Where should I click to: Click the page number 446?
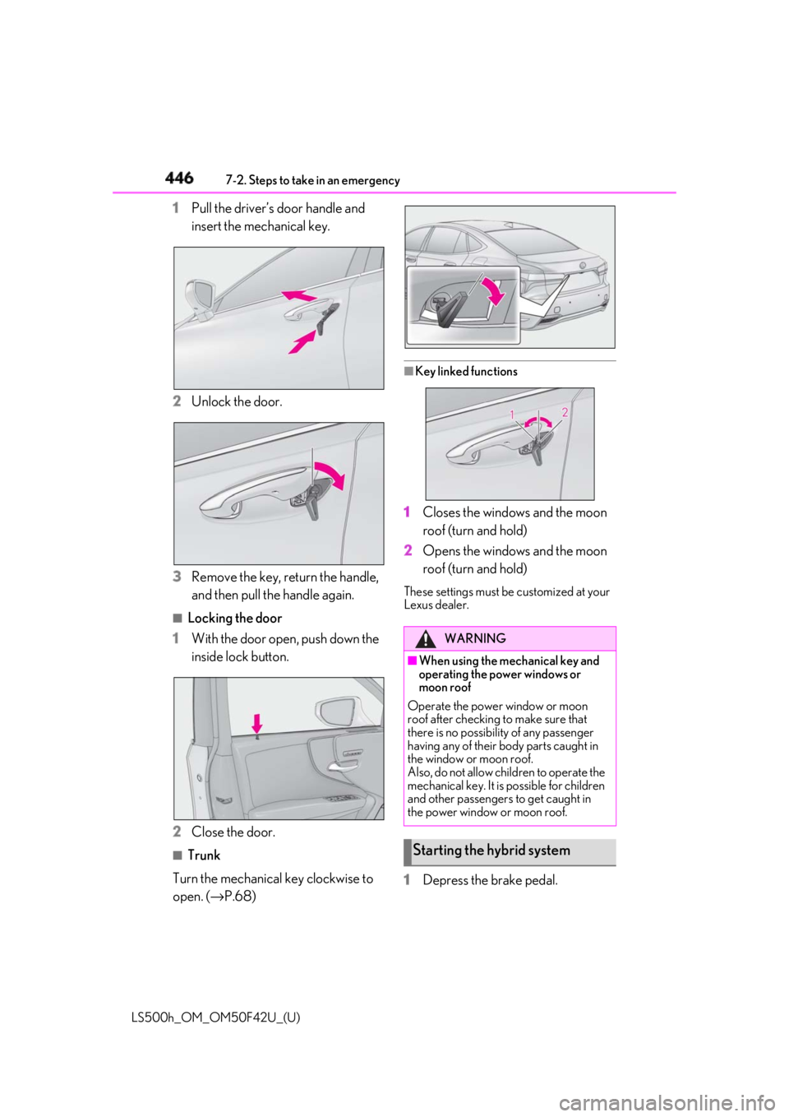coord(179,178)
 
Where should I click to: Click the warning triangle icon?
coord(426,638)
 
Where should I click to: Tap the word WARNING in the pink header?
coord(475,638)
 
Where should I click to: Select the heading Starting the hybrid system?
coord(491,850)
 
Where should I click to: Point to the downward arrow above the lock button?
coord(256,723)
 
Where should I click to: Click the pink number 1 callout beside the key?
coord(511,415)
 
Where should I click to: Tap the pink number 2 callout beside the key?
coord(565,412)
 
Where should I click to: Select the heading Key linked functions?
coord(466,372)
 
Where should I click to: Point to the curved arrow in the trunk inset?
coord(495,290)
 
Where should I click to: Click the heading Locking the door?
coord(234,619)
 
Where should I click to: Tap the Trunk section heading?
coord(204,855)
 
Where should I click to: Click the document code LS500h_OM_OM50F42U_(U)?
coord(215,1017)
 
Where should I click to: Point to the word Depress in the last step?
coord(444,881)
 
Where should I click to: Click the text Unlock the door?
coord(237,401)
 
